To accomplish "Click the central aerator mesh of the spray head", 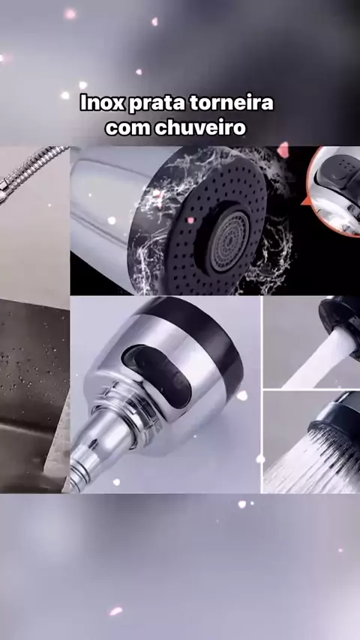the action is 229,241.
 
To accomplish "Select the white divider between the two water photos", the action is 311,390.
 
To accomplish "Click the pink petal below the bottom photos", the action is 115,611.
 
